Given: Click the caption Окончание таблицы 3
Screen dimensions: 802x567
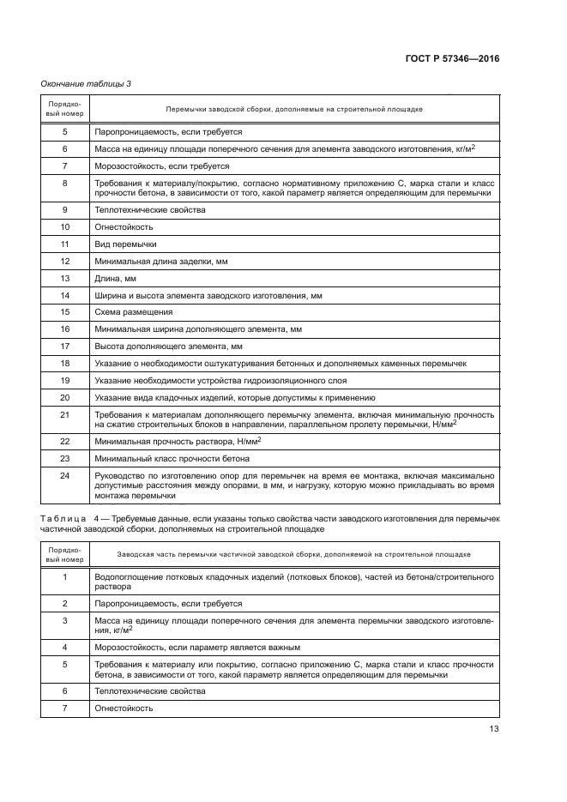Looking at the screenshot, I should click(x=85, y=83).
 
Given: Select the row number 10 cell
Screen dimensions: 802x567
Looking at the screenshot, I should click(x=65, y=227).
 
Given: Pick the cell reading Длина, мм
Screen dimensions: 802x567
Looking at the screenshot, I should click(x=114, y=278).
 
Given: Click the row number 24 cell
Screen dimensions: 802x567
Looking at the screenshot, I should click(x=65, y=474).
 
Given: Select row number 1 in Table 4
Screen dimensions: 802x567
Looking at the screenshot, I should click(x=65, y=576).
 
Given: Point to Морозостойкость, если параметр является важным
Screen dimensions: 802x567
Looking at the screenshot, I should click(x=197, y=646).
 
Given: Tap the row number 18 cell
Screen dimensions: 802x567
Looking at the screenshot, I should click(x=65, y=363).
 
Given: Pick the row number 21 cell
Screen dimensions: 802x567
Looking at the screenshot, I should click(x=65, y=413).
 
